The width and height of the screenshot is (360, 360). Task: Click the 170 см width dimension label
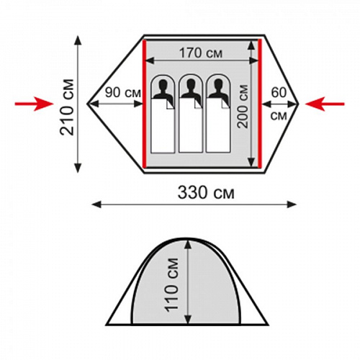(201, 53)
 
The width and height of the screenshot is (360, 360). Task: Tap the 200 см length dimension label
(243, 107)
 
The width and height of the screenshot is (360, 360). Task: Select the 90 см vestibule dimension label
(123, 92)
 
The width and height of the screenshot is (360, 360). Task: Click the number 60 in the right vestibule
(279, 92)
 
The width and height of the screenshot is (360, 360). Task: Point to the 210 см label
(67, 107)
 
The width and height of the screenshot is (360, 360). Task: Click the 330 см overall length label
(206, 193)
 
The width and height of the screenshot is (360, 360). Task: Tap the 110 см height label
(172, 285)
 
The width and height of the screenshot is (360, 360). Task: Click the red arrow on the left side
(34, 104)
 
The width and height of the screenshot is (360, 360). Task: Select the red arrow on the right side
(325, 104)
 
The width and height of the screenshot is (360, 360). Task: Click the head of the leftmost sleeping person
(163, 85)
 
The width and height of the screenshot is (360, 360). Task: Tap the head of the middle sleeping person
(191, 85)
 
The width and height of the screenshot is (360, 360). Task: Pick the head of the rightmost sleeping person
(218, 85)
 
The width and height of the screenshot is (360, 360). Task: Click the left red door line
(144, 104)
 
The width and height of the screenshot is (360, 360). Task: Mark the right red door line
(260, 104)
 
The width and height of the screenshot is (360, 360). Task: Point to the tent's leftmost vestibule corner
(87, 104)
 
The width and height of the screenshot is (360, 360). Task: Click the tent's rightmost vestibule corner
(298, 104)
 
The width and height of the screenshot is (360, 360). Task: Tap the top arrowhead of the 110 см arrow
(189, 245)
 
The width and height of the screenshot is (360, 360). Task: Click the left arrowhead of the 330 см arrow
(96, 204)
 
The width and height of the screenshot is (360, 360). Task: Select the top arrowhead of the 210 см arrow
(78, 40)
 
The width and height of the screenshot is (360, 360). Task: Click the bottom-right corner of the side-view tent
(267, 325)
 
